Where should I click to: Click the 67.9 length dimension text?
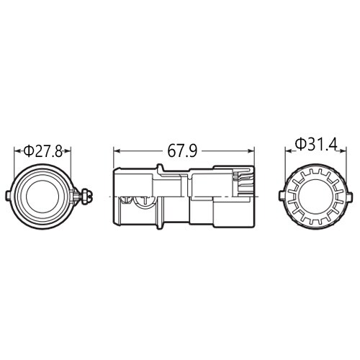pyautogui.click(x=184, y=151)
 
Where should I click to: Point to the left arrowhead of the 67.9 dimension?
pyautogui.click(x=117, y=151)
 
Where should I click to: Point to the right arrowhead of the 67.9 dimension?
pyautogui.click(x=253, y=151)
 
